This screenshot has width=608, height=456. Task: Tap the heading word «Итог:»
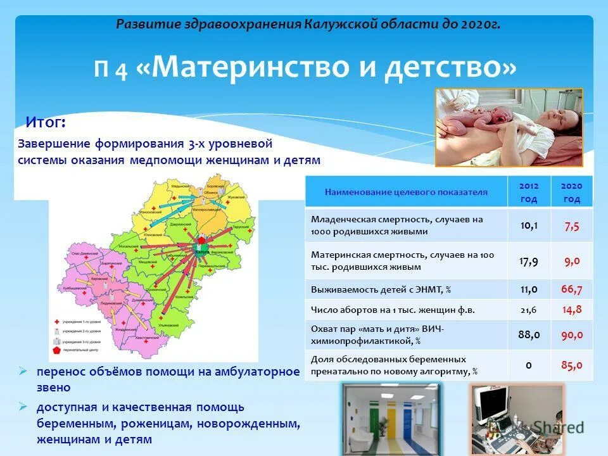(45, 121)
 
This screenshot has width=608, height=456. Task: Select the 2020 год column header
(571, 192)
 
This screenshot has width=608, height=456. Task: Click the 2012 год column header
(529, 192)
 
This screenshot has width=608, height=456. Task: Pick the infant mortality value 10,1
(529, 225)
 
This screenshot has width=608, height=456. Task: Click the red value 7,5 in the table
(571, 226)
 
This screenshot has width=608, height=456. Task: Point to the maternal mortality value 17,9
(529, 260)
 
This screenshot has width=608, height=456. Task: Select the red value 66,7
(571, 289)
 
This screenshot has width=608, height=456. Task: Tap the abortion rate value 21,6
(529, 310)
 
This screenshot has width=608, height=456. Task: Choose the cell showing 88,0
(529, 334)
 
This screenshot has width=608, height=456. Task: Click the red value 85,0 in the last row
(571, 365)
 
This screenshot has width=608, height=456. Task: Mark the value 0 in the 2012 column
(528, 365)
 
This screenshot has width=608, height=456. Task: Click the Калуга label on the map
(203, 251)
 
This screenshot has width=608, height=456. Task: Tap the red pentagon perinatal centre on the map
(201, 241)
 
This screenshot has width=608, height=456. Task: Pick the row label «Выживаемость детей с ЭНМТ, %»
(381, 289)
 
